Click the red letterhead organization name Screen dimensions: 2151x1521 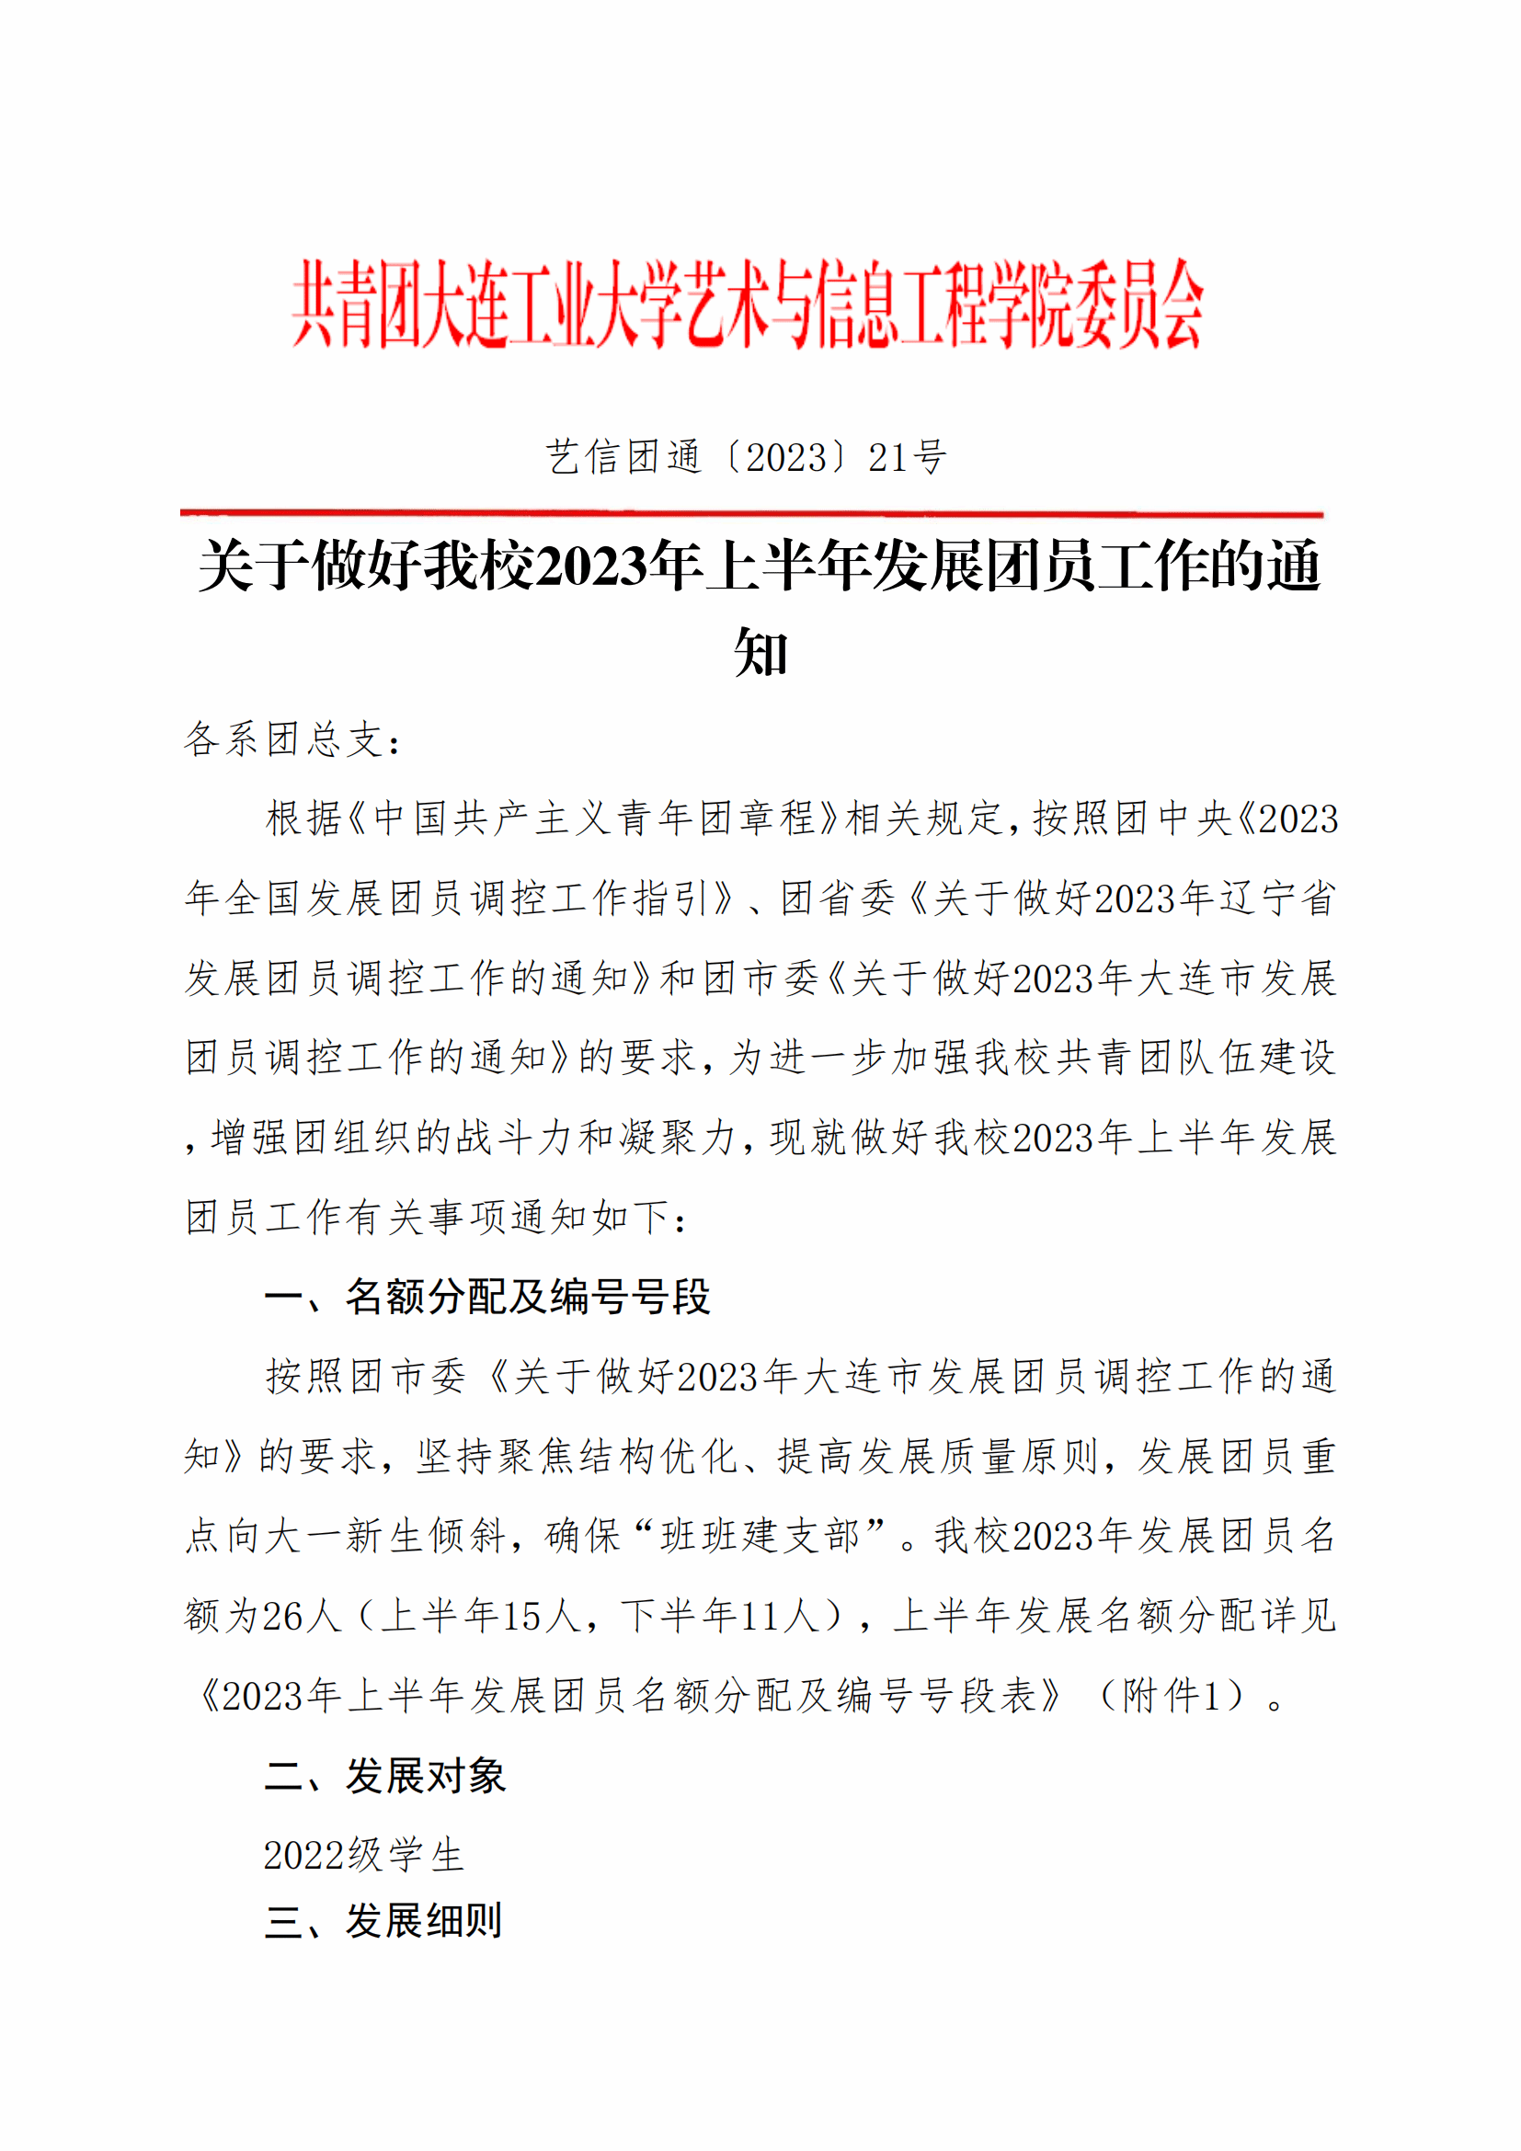point(747,304)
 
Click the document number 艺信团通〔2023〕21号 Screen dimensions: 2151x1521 point(747,458)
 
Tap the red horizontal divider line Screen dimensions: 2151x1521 point(751,513)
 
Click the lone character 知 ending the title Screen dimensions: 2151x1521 point(760,652)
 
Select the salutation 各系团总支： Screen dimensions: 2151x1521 point(293,740)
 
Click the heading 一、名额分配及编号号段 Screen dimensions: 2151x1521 point(487,1297)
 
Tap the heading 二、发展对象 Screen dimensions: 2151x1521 point(385,1775)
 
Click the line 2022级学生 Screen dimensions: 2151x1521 point(363,1855)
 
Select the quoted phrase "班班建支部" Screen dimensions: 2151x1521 point(760,1537)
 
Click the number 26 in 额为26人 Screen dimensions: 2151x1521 point(283,1616)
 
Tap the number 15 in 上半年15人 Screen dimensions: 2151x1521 point(522,1616)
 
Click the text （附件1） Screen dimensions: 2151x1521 point(1172,1696)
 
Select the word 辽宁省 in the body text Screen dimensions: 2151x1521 point(1277,898)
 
